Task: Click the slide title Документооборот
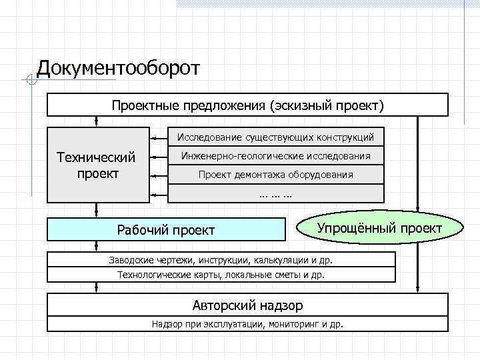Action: [x=118, y=69]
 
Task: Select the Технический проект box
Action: [x=97, y=165]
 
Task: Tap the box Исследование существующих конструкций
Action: [x=275, y=137]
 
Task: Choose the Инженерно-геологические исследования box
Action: [x=275, y=157]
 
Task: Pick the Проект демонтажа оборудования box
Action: [x=275, y=175]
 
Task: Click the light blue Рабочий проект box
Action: [x=166, y=230]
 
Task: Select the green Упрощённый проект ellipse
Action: [x=379, y=229]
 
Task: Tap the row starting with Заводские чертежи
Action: [x=221, y=260]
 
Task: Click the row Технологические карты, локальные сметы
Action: [x=221, y=274]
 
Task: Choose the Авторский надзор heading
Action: [x=247, y=306]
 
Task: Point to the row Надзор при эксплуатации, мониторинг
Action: [x=247, y=325]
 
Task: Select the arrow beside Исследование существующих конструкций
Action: [x=159, y=137]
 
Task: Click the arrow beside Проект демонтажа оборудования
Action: [x=159, y=175]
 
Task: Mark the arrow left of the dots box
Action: [x=159, y=194]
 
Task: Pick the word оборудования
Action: [x=323, y=175]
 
